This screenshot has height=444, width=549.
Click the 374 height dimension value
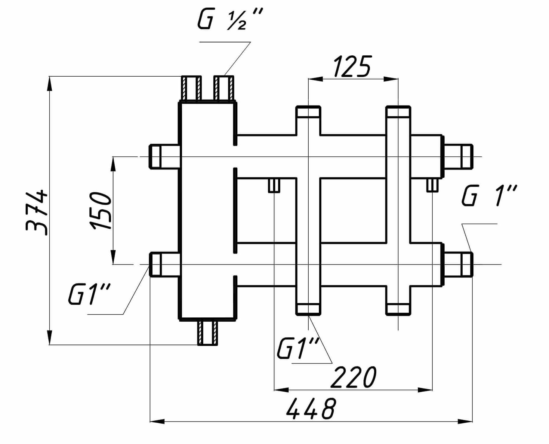(37, 212)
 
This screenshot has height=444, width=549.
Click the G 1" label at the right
(489, 196)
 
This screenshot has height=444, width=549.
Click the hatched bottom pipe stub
(208, 333)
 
